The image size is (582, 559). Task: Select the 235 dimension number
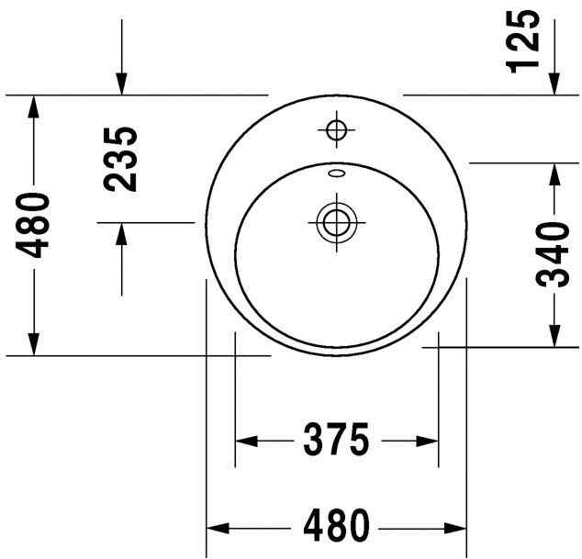click(121, 159)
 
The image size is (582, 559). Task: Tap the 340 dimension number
click(554, 254)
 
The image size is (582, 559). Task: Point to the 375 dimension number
click(335, 441)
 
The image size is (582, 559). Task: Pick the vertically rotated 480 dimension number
click(34, 225)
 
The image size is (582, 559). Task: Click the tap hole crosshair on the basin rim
click(335, 129)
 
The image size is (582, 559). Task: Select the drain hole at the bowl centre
click(335, 221)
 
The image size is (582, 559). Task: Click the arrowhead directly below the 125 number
click(554, 83)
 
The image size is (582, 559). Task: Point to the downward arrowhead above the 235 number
click(121, 83)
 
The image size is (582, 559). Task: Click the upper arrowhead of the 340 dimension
click(554, 174)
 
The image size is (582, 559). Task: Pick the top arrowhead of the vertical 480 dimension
click(34, 106)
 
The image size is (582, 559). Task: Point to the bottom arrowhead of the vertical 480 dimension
click(34, 343)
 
